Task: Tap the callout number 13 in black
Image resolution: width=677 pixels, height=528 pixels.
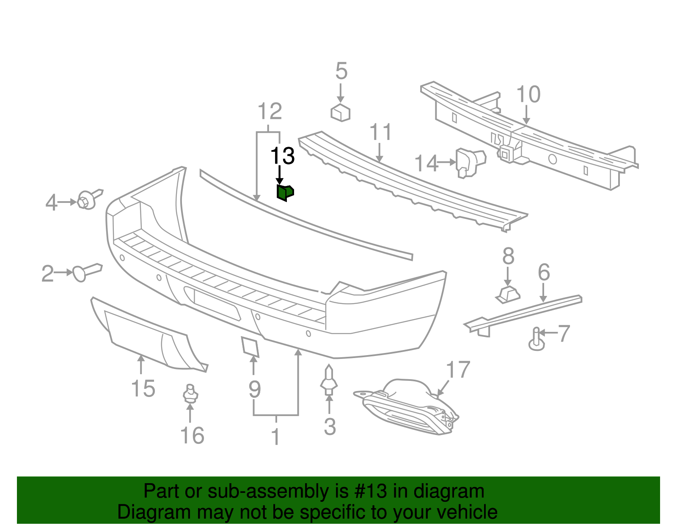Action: click(x=282, y=156)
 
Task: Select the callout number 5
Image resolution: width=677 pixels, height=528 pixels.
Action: click(x=341, y=71)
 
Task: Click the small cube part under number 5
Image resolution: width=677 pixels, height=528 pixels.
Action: click(x=340, y=112)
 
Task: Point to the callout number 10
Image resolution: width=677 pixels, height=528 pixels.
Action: click(x=528, y=94)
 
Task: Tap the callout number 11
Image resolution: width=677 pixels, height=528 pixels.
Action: click(x=381, y=132)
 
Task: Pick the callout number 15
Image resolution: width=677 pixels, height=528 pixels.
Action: click(x=143, y=388)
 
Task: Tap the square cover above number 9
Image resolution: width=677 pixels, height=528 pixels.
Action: click(x=250, y=346)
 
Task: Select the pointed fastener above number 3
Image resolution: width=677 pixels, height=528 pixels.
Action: click(x=329, y=380)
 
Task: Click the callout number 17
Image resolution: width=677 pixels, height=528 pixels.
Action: click(x=458, y=370)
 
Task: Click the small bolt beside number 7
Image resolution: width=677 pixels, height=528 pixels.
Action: click(x=537, y=339)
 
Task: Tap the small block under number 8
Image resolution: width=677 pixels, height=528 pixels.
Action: click(x=508, y=294)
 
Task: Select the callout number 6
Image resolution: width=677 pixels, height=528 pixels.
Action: click(x=544, y=272)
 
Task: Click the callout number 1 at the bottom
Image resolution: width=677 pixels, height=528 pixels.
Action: click(x=275, y=437)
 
